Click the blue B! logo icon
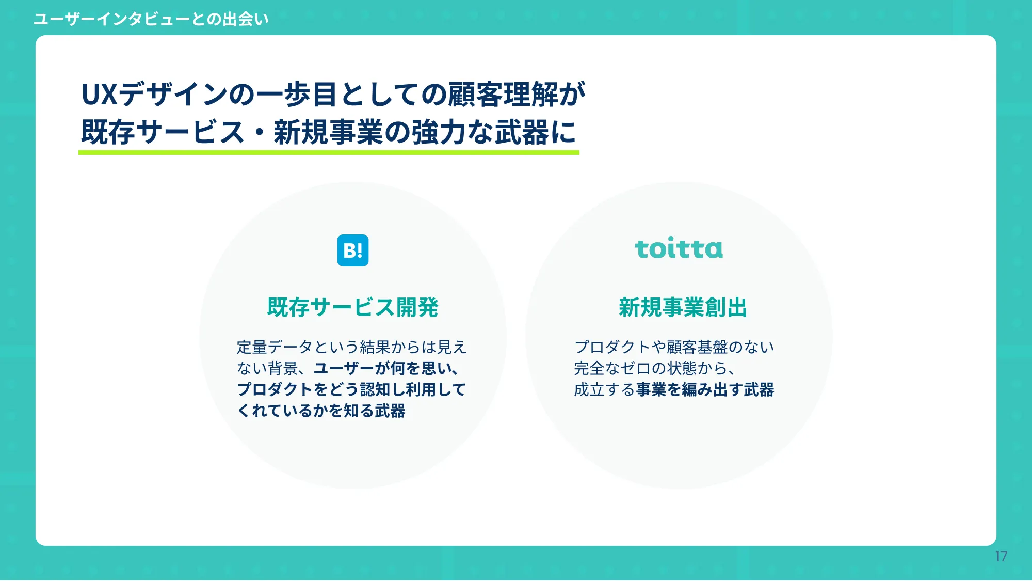353,250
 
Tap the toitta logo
679,249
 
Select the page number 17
1001,556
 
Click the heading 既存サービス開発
352,307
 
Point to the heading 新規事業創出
683,307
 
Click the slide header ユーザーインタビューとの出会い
151,19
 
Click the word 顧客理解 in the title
503,95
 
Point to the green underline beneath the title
329,153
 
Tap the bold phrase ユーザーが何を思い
382,368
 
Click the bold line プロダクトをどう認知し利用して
351,389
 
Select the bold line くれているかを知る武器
321,411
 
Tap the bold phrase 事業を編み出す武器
705,389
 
